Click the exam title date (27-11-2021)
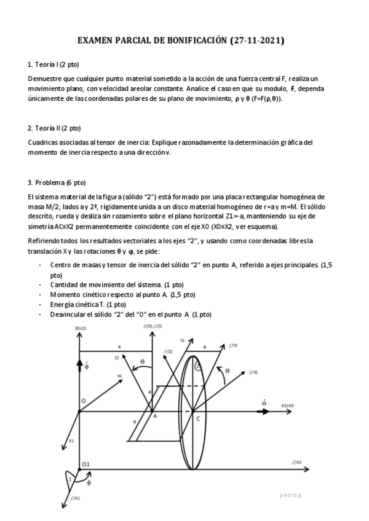click(x=257, y=41)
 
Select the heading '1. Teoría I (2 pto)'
click(x=53, y=65)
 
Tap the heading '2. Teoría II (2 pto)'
click(x=54, y=128)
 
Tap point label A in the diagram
click(x=155, y=416)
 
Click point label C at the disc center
click(x=197, y=418)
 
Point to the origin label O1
click(x=86, y=463)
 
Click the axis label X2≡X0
click(x=287, y=405)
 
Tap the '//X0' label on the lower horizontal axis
click(x=296, y=462)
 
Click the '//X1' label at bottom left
click(x=76, y=498)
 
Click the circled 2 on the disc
click(x=197, y=366)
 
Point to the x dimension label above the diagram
click(x=119, y=347)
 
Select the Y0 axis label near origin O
click(x=119, y=375)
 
